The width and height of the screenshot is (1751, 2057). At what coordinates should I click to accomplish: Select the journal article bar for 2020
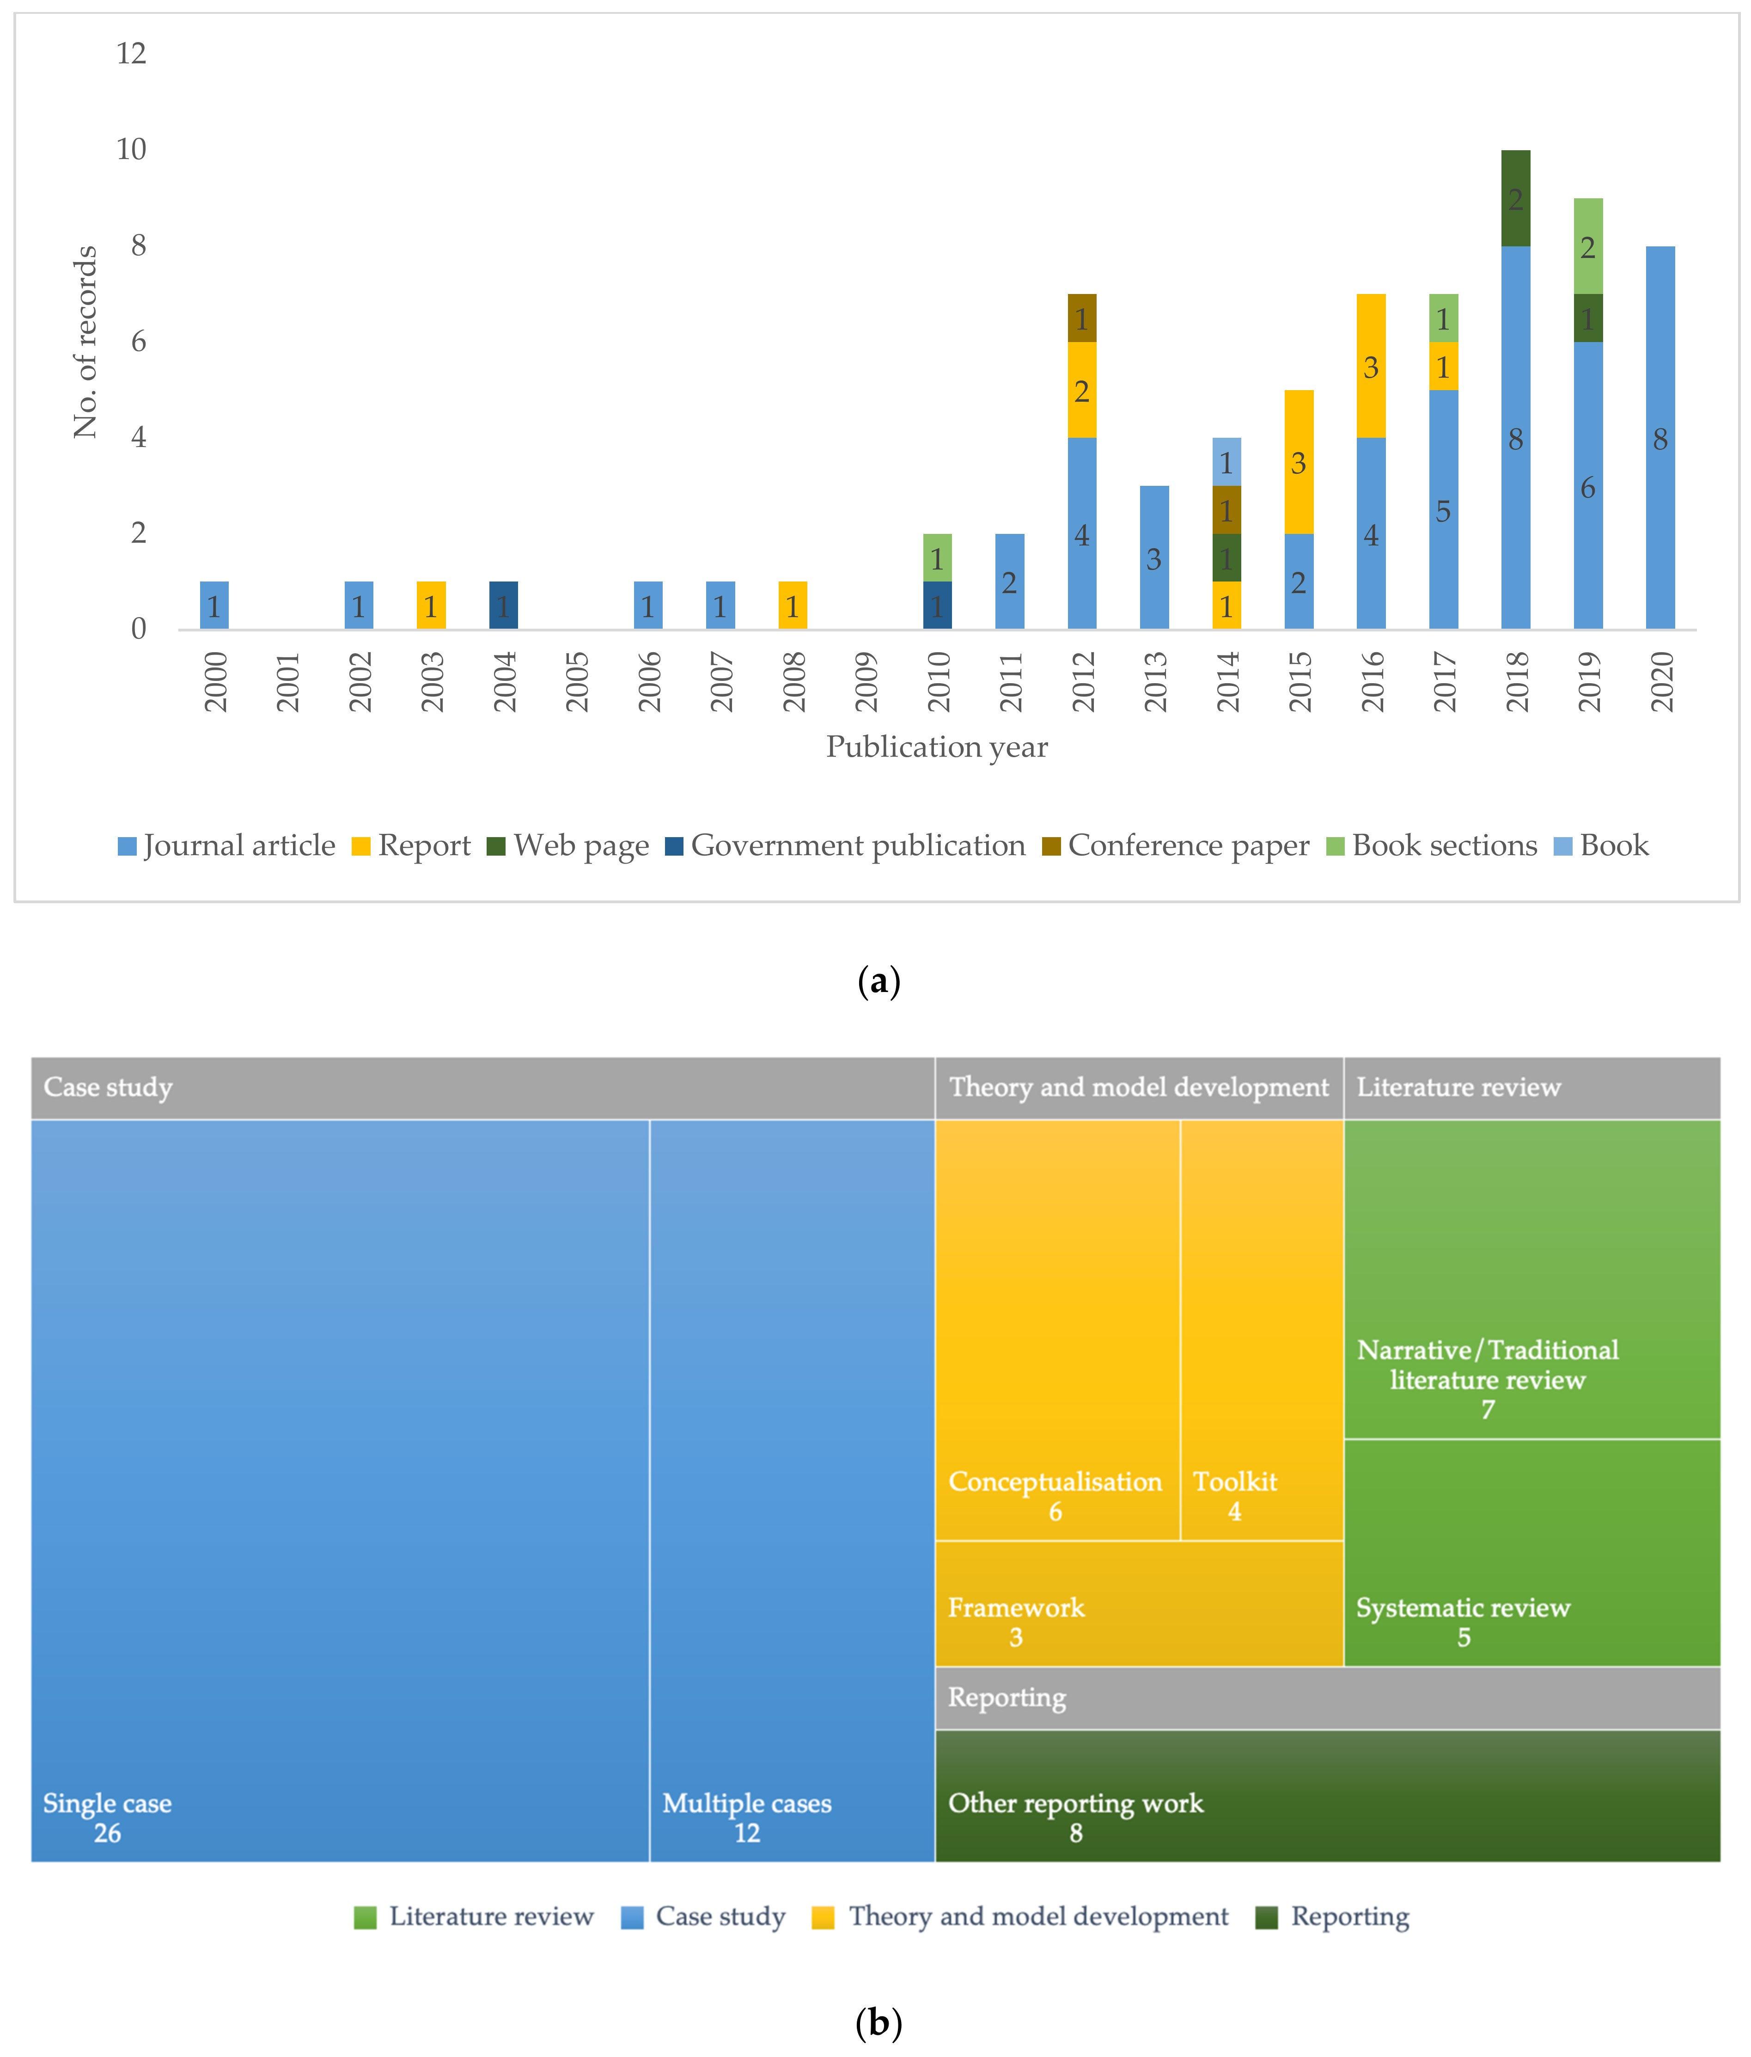pyautogui.click(x=1659, y=438)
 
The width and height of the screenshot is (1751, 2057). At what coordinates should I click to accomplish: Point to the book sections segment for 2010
pyautogui.click(x=937, y=558)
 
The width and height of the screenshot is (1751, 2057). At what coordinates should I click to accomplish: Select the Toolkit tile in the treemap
pyautogui.click(x=1262, y=1330)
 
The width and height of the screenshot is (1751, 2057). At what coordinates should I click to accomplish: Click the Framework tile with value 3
pyautogui.click(x=1139, y=1604)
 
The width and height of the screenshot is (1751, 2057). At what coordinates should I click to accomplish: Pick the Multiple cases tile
pyautogui.click(x=792, y=1489)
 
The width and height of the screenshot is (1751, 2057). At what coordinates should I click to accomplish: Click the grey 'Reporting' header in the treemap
pyautogui.click(x=1327, y=1698)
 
